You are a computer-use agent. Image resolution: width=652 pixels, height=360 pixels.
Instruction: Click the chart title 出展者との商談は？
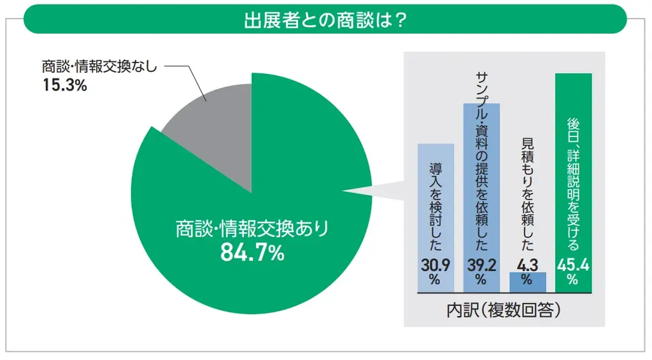tap(325, 19)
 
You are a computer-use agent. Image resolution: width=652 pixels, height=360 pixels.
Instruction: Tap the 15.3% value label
tap(64, 85)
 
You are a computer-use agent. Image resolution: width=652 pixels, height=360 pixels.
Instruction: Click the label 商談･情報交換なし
tap(99, 66)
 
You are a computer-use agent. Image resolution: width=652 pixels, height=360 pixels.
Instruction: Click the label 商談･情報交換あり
tap(252, 229)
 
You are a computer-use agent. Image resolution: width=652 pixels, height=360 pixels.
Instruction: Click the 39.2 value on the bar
tap(481, 264)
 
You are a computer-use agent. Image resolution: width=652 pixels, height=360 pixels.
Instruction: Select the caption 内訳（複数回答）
tap(504, 310)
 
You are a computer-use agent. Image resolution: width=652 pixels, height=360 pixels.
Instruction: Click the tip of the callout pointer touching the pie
tap(344, 189)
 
